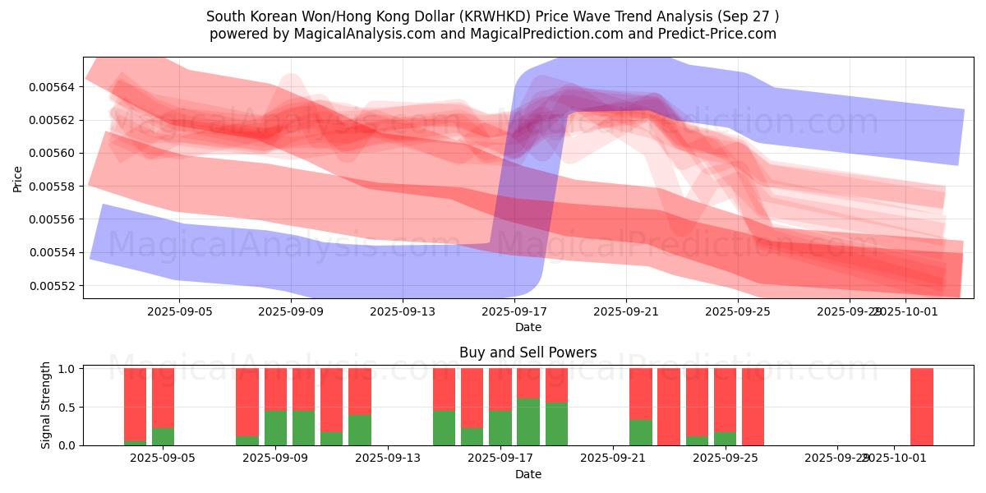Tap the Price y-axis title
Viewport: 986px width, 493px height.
pos(18,177)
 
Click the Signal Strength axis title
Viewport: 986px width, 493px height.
pos(46,405)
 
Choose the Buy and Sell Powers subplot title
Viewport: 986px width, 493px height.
pos(528,352)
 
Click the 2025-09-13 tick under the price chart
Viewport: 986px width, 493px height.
pos(403,312)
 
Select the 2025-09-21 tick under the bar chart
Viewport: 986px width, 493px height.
pos(613,458)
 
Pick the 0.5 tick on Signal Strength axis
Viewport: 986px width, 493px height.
pos(68,407)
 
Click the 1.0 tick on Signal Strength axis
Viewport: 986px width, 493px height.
pos(68,369)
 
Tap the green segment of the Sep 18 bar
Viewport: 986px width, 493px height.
pos(557,424)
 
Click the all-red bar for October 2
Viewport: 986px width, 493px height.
pos(922,407)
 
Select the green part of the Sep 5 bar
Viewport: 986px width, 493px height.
pos(164,436)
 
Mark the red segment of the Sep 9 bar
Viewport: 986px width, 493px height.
pos(276,389)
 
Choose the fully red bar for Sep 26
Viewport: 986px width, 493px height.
pos(753,407)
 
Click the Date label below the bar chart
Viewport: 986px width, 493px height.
pos(528,474)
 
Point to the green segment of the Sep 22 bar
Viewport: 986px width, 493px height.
pos(641,432)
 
